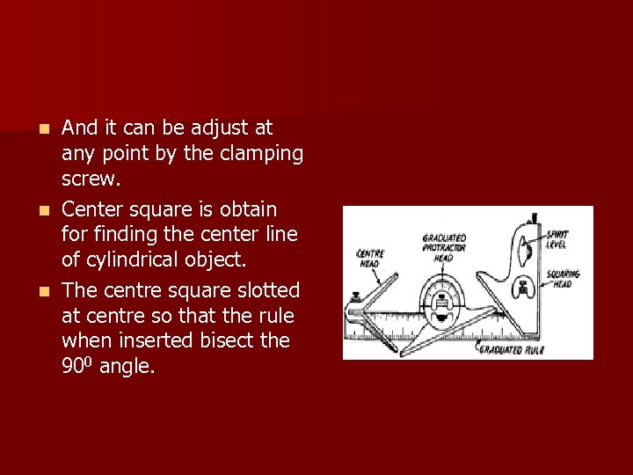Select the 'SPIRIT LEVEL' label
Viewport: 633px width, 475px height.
point(557,238)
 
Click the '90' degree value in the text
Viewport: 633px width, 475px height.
point(73,367)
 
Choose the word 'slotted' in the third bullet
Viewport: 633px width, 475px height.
point(266,289)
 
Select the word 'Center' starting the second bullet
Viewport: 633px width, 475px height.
point(94,209)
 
